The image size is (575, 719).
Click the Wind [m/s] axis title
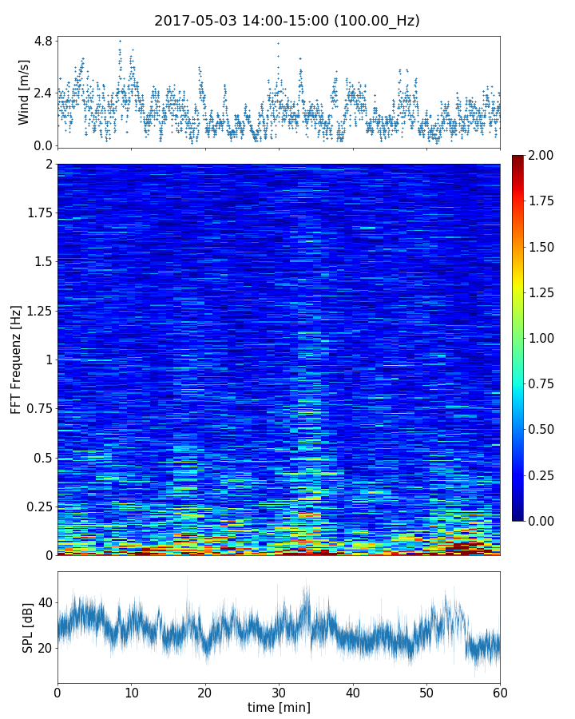[24, 92]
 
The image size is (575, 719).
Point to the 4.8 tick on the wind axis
[42, 40]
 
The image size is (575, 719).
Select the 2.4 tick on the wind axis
[42, 93]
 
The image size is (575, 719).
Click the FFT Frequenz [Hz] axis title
[16, 359]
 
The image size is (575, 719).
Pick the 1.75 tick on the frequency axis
[38, 213]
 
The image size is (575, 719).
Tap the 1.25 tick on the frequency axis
[38, 311]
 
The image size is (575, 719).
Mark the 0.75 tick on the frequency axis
[38, 409]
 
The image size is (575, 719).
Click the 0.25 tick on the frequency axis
[38, 506]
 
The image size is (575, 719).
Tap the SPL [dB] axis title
[28, 627]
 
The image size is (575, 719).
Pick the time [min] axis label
[279, 707]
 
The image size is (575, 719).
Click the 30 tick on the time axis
[279, 690]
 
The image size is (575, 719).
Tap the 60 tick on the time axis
[500, 690]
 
